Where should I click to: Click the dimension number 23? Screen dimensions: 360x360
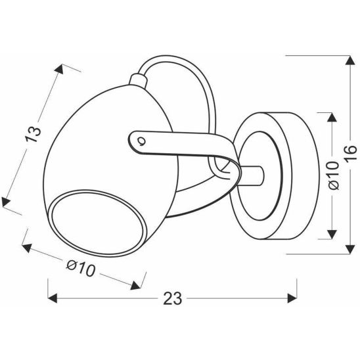[x=171, y=300]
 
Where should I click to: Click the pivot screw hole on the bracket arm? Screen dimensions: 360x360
[x=141, y=139]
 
